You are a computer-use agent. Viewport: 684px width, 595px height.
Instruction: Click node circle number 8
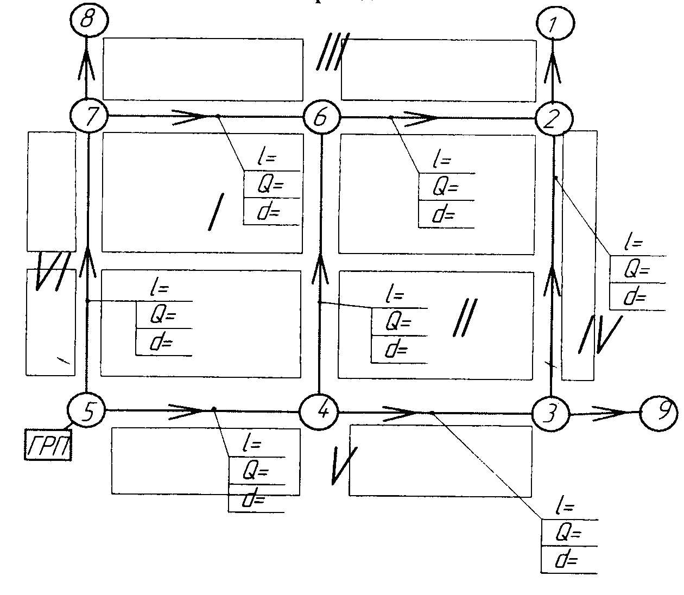(89, 22)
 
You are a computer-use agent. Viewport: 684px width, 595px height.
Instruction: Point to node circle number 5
(87, 410)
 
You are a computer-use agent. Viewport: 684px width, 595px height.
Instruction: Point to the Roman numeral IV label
(603, 334)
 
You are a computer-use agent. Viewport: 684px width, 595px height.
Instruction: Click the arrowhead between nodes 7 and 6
(191, 116)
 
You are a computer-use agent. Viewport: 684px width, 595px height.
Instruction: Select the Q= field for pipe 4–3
(569, 533)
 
